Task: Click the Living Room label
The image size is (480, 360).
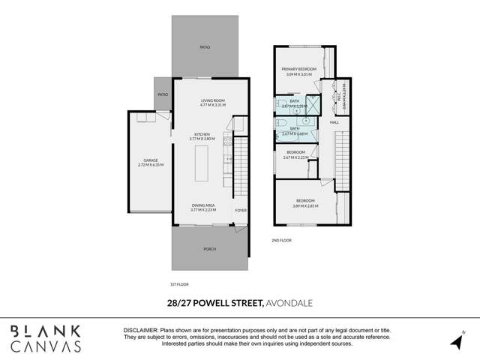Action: pos(213,103)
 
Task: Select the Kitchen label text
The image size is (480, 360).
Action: pos(202,136)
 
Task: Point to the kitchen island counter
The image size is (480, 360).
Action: pos(202,163)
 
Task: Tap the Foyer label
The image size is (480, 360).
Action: pos(241,210)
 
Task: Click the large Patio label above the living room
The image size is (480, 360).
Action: pos(205,46)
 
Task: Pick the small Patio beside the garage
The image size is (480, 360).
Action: pos(163,94)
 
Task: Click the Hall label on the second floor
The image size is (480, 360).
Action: pos(334,121)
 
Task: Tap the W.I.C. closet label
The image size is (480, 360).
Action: pos(341,95)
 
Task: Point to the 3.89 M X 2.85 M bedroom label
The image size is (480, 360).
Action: pos(305,202)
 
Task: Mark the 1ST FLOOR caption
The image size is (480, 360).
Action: pos(180,284)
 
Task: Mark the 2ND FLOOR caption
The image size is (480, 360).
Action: pos(282,241)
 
